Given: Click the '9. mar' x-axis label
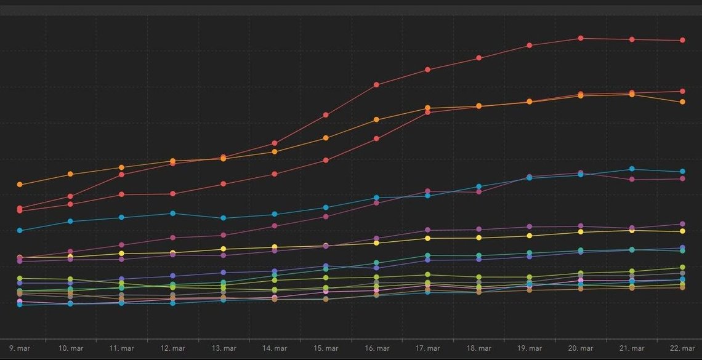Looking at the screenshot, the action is click(x=19, y=348).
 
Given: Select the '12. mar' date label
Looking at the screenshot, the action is click(x=173, y=348).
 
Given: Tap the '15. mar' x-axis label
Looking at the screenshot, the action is click(x=326, y=348).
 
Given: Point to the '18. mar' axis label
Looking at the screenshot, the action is click(x=478, y=348).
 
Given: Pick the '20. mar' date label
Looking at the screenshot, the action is click(x=581, y=348).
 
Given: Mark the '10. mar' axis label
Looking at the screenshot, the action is click(x=71, y=348).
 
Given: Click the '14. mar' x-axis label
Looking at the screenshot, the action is click(x=275, y=348).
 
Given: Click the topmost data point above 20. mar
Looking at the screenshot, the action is click(x=581, y=38).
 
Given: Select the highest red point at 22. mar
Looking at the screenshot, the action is click(x=683, y=40).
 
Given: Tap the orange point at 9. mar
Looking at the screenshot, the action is click(x=19, y=184).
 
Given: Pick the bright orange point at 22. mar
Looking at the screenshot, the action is click(x=683, y=102).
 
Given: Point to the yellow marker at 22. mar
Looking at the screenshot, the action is click(x=683, y=231).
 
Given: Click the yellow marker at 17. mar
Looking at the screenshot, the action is click(x=427, y=238).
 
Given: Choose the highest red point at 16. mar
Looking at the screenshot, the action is click(x=376, y=84).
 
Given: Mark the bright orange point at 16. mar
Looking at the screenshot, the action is click(x=376, y=119).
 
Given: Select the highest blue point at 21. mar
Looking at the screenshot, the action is click(x=632, y=169).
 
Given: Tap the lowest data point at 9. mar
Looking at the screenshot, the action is click(x=19, y=305).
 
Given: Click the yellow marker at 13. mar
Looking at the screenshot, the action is click(x=224, y=249).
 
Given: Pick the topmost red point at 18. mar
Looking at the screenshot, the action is click(x=478, y=58).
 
